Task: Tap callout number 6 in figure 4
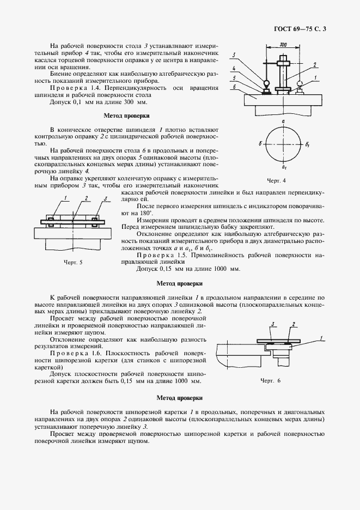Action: (234, 87)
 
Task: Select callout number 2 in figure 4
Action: (314, 65)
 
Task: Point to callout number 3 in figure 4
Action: (234, 55)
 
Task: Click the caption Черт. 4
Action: (276, 180)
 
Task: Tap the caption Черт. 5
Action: (72, 262)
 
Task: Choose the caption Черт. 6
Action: (271, 380)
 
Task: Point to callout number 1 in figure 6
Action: (322, 338)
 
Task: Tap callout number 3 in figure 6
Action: (272, 324)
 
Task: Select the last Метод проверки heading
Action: (179, 398)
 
